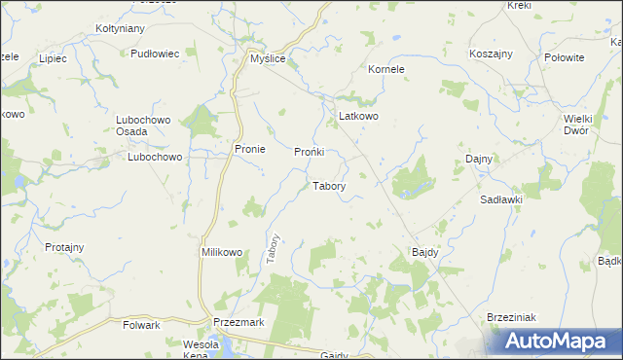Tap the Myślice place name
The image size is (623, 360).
tap(266, 59)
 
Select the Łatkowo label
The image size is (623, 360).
tap(357, 116)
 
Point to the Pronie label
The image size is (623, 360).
tap(250, 149)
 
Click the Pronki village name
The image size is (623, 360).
tap(315, 153)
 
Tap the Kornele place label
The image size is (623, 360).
tap(385, 70)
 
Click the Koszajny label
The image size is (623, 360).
tap(492, 54)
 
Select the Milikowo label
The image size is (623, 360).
tap(221, 252)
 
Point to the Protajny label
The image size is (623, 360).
tap(66, 247)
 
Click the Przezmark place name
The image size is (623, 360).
tap(238, 322)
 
